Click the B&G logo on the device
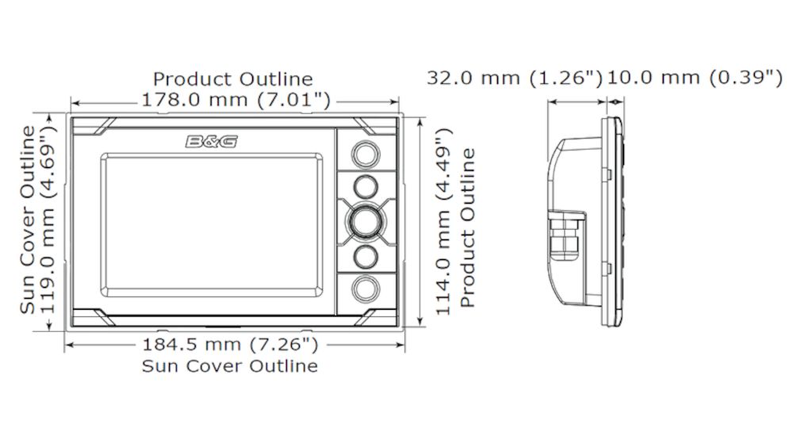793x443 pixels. point(211,141)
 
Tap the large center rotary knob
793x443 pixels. point(364,221)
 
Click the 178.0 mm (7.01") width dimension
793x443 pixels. point(235,99)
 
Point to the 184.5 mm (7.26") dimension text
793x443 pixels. point(230,345)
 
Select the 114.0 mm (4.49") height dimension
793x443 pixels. point(443,221)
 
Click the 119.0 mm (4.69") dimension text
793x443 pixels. point(48,219)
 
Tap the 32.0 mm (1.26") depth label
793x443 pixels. point(515,78)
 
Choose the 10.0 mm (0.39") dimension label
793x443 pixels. point(694,78)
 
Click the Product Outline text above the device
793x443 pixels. point(233,79)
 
